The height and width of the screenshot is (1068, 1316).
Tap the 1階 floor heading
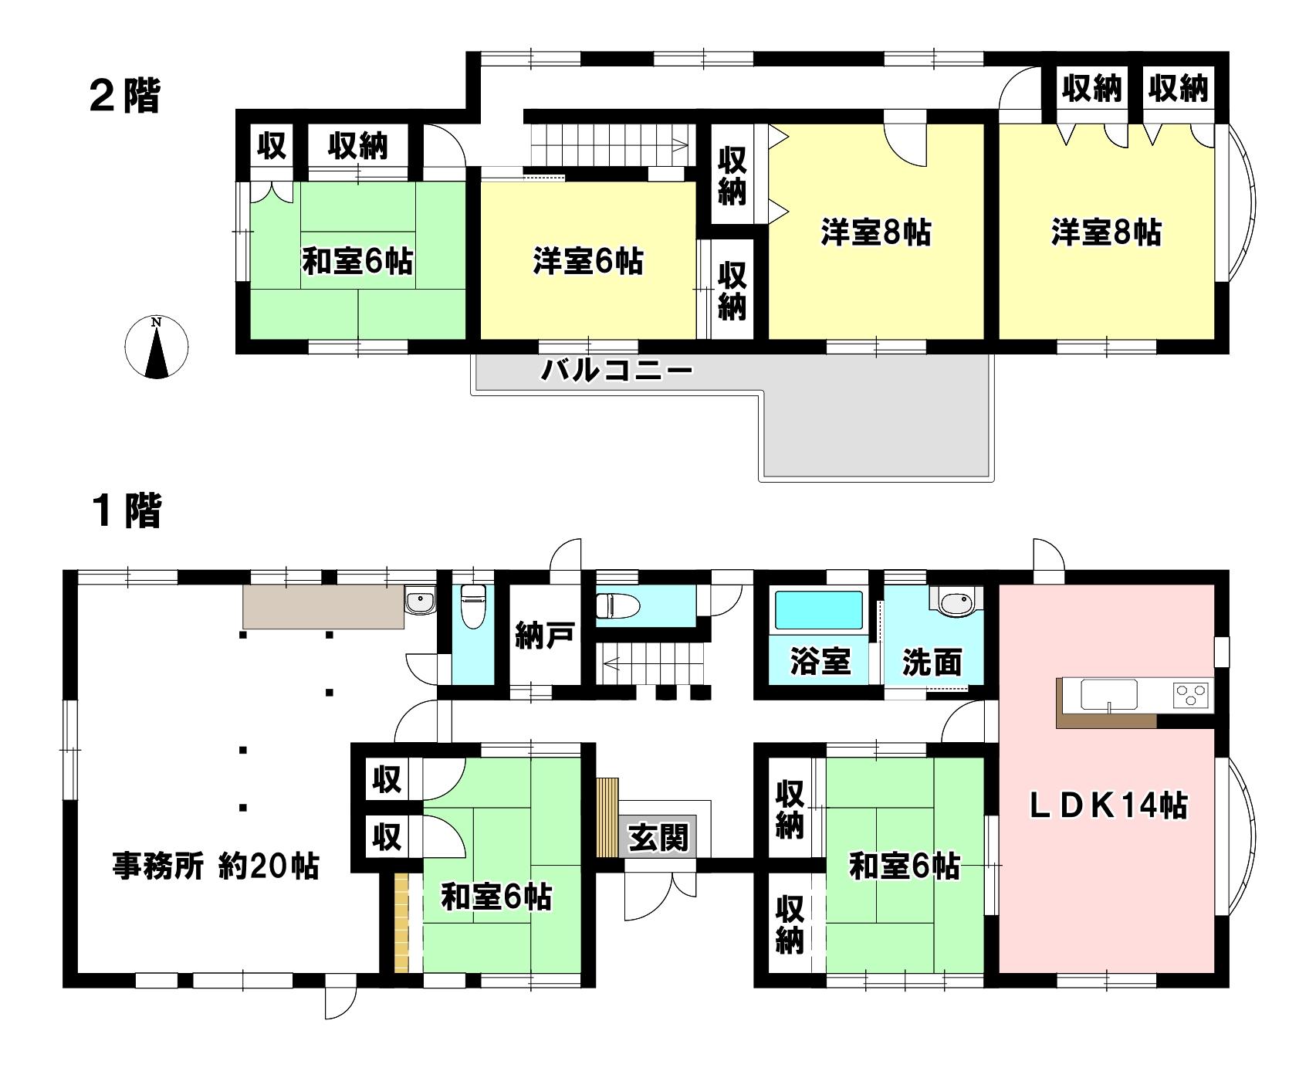pyautogui.click(x=125, y=511)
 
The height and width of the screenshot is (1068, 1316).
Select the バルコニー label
pyautogui.click(x=616, y=371)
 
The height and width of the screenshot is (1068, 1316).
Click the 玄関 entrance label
pyautogui.click(x=658, y=837)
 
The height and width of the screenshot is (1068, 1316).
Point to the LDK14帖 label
pyautogui.click(x=1110, y=805)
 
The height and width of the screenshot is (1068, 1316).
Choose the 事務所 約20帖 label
pyautogui.click(x=216, y=866)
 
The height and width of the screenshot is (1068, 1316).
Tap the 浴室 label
pyautogui.click(x=820, y=662)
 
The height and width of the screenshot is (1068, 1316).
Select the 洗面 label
pyautogui.click(x=932, y=662)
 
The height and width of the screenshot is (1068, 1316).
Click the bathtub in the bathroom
pyautogui.click(x=819, y=611)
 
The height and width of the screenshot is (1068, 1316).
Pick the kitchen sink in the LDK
pyautogui.click(x=1109, y=694)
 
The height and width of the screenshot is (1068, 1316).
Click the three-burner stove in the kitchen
pyautogui.click(x=1192, y=695)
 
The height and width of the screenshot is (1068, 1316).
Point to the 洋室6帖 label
pyautogui.click(x=587, y=262)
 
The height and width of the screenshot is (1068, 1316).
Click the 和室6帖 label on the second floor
pyautogui.click(x=357, y=262)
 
